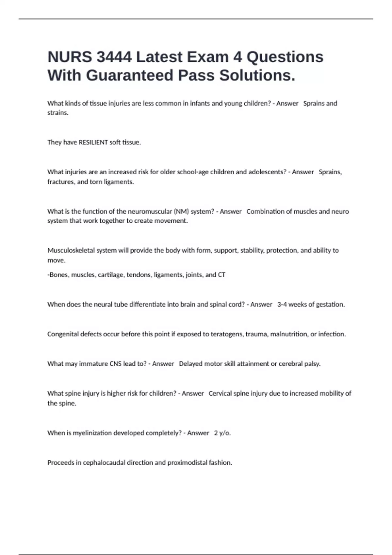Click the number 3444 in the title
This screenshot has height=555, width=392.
click(114, 57)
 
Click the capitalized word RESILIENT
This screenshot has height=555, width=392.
click(93, 142)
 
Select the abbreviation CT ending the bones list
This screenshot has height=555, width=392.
click(221, 275)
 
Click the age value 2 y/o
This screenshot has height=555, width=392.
click(222, 433)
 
